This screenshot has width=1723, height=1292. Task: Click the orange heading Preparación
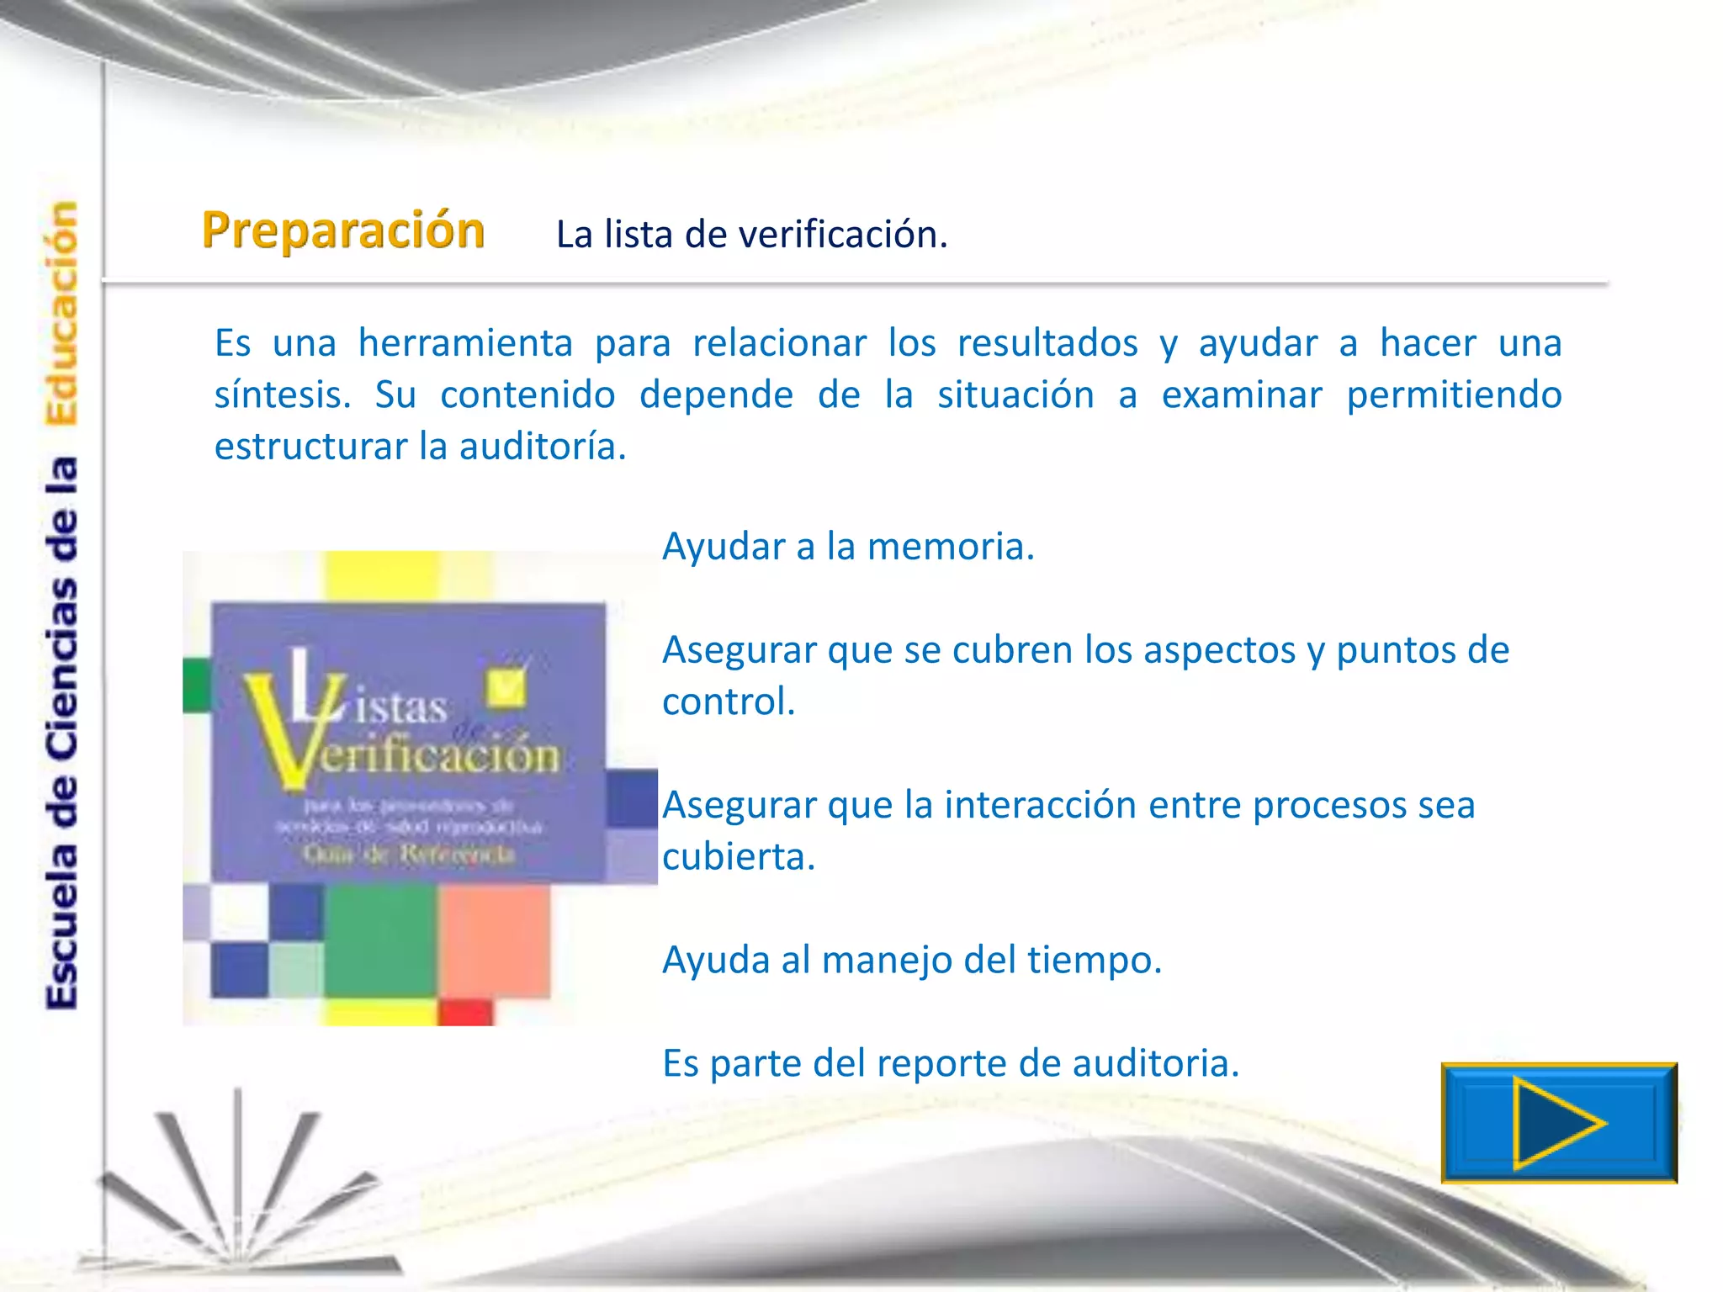(343, 230)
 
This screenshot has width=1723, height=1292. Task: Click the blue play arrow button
(1558, 1123)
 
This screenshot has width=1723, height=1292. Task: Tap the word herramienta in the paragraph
(465, 343)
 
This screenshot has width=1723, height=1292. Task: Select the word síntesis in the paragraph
(282, 395)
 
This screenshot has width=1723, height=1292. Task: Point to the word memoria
(950, 547)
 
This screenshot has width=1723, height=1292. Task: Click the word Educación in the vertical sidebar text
(61, 313)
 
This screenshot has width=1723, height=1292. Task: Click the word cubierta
(738, 857)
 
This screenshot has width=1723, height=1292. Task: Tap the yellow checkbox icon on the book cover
(506, 686)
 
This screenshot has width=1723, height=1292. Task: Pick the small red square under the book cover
(465, 1011)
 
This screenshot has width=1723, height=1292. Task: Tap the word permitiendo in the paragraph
(1454, 395)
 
